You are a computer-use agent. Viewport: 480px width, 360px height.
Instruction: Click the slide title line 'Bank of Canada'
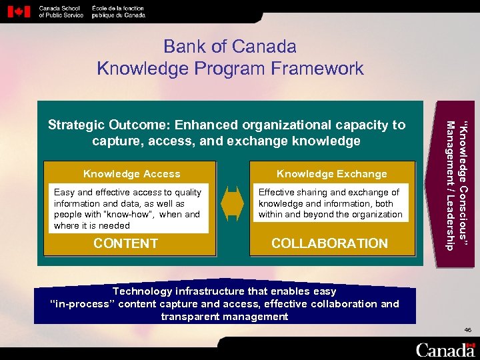click(230, 47)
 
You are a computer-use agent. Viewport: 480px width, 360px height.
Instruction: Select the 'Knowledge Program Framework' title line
click(230, 68)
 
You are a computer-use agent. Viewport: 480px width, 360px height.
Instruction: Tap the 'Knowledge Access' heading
click(131, 174)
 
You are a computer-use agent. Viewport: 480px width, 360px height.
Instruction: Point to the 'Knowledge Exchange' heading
click(331, 174)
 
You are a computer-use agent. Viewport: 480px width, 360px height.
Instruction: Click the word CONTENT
click(125, 243)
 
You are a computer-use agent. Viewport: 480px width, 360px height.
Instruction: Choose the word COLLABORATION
click(329, 243)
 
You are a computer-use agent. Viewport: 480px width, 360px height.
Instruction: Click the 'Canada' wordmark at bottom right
click(445, 349)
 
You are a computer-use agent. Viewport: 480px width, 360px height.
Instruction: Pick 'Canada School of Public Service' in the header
click(61, 11)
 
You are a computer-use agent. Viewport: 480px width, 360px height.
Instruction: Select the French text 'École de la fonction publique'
click(117, 11)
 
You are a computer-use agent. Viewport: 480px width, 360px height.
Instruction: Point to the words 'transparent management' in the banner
click(225, 317)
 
